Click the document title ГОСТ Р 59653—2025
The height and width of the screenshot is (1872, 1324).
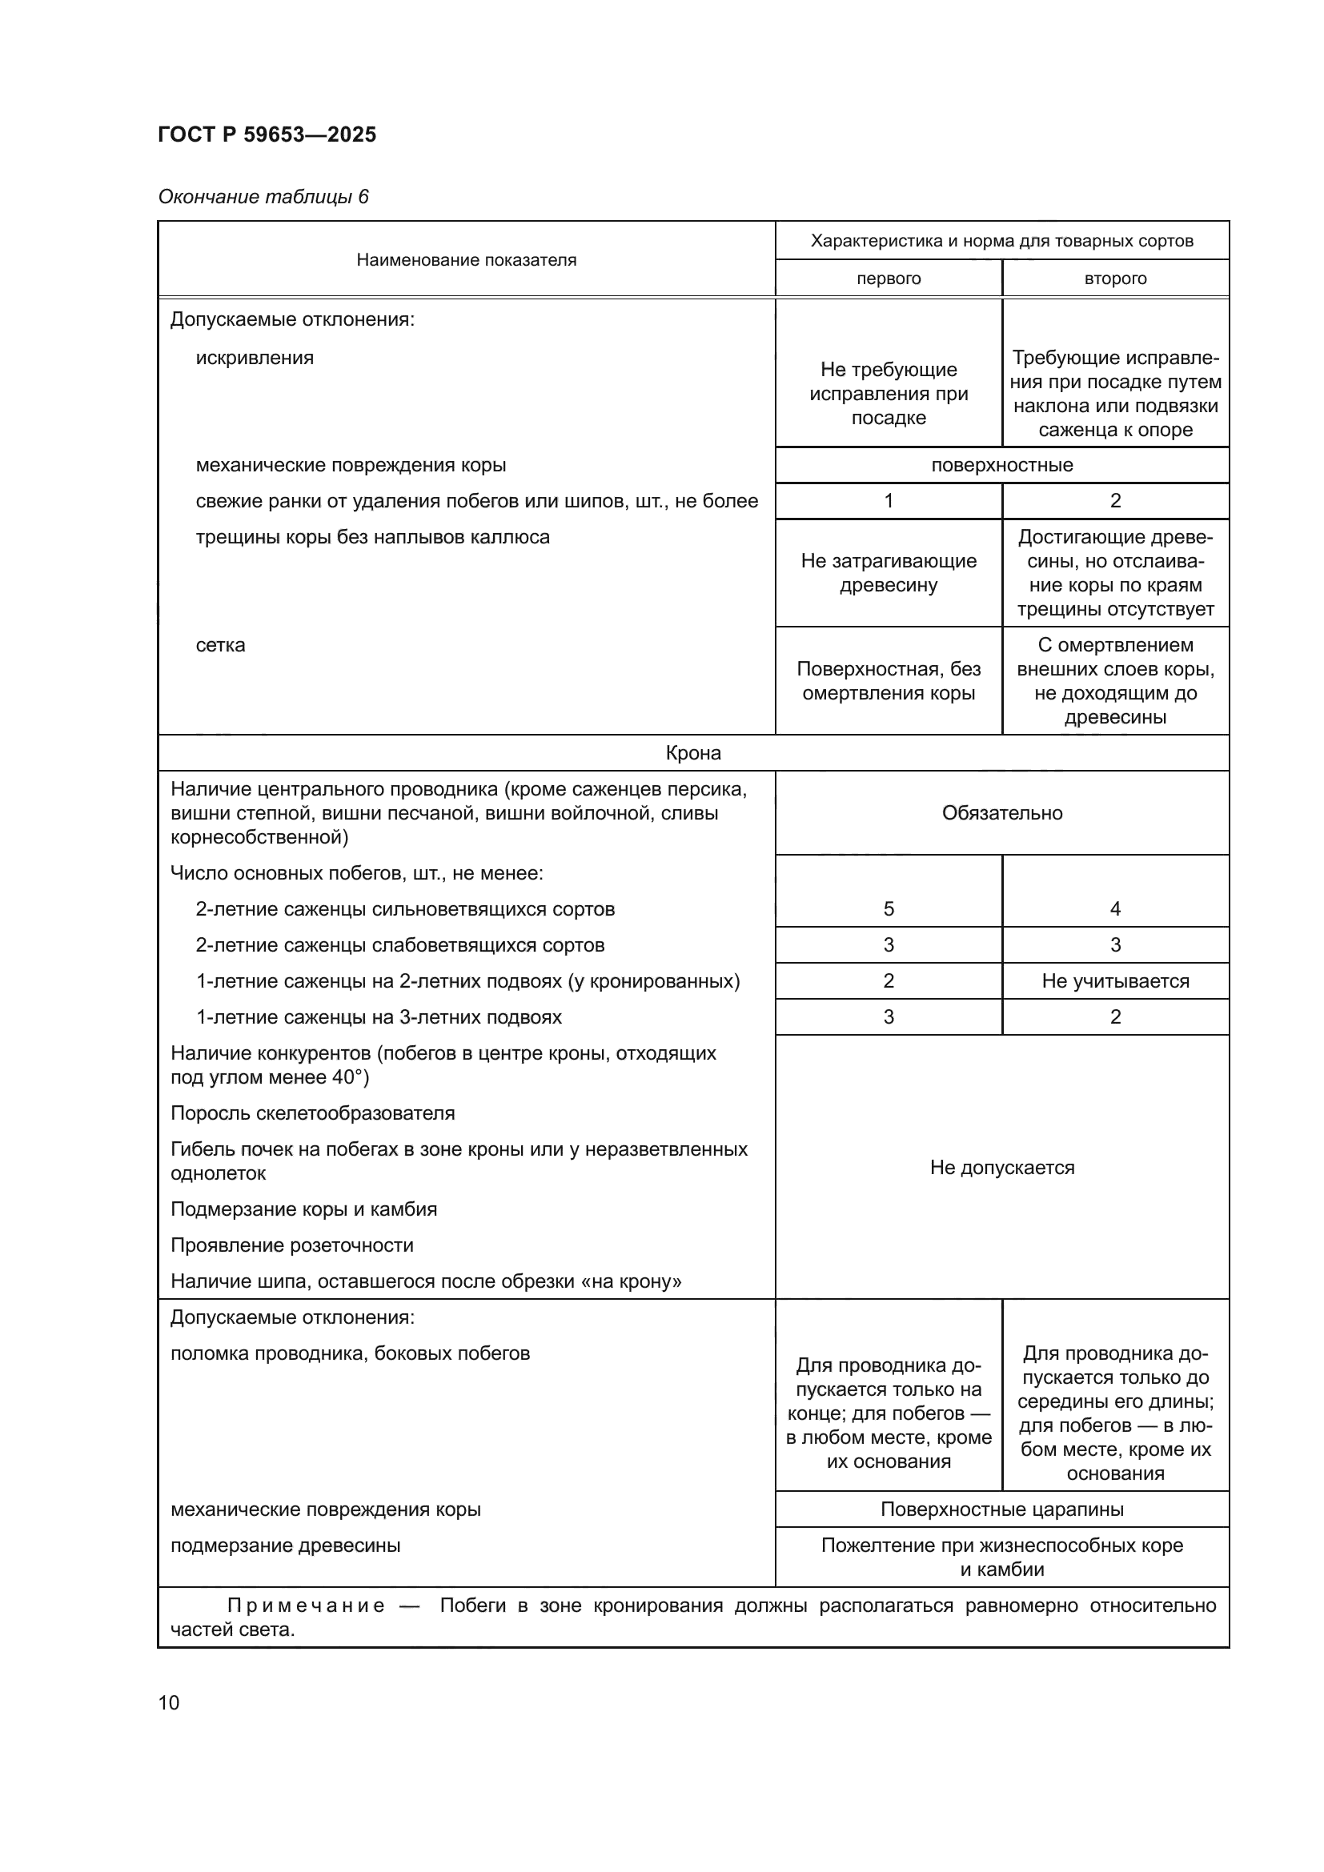(267, 134)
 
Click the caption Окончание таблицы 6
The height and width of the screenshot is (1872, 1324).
(263, 197)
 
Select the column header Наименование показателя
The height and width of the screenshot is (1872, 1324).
(467, 260)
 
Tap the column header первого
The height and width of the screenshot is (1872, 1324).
(888, 279)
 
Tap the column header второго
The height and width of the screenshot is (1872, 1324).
(1114, 279)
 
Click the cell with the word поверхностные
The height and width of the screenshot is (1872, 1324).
(1001, 466)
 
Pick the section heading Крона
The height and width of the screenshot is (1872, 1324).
(693, 752)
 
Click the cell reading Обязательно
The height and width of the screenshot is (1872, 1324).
(1001, 813)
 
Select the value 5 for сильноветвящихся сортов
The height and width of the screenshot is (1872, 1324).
(888, 909)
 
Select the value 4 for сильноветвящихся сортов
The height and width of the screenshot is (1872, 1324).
(1114, 909)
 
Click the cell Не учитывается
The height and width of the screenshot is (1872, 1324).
(1114, 981)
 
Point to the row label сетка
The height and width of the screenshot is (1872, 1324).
(220, 645)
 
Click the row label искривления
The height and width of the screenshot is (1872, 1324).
(255, 358)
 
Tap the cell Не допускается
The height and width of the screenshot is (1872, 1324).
(1001, 1168)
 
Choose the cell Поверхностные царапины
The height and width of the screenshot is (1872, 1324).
(1001, 1509)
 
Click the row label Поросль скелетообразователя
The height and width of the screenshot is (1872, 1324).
(312, 1113)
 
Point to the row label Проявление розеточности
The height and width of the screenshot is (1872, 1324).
(292, 1245)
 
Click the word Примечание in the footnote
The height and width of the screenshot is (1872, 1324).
(306, 1605)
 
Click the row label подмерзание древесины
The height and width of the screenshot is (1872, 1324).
(285, 1545)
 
